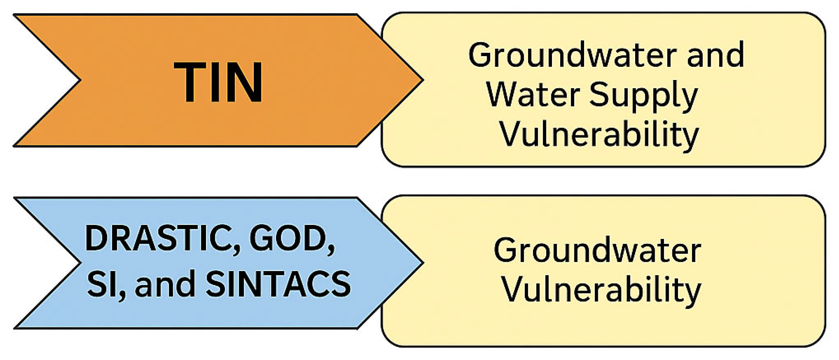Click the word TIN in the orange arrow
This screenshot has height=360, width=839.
[218, 82]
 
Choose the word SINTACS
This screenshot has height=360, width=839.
[278, 284]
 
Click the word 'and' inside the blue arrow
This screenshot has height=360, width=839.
[165, 284]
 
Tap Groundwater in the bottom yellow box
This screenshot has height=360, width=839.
[597, 251]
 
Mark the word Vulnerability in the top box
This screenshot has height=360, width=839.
[599, 135]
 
